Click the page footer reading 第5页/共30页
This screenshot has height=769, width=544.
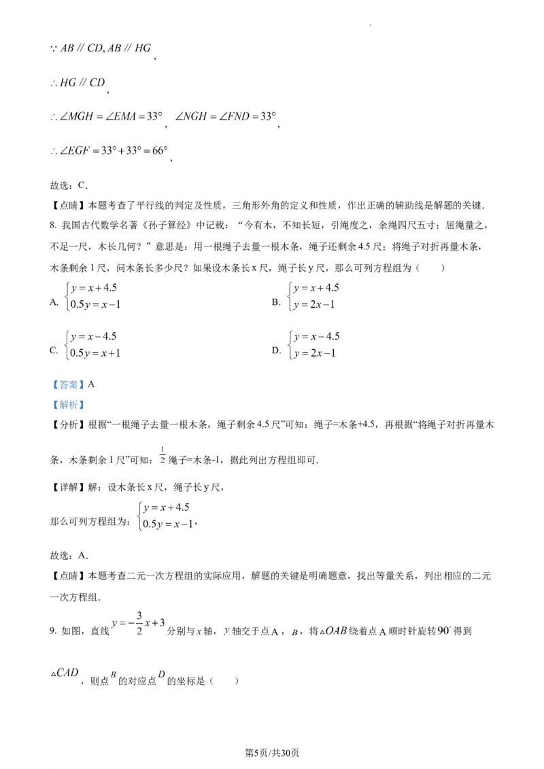[271, 753]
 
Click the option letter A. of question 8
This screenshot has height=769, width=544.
[54, 302]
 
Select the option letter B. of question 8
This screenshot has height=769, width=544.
[276, 302]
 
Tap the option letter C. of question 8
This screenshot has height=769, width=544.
[54, 350]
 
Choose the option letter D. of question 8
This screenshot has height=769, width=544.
[276, 350]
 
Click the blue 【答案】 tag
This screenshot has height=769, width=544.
[69, 385]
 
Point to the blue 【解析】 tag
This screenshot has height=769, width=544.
[69, 405]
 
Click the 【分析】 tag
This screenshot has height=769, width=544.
[69, 425]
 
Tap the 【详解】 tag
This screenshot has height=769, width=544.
[69, 487]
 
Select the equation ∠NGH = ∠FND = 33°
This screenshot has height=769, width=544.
[225, 116]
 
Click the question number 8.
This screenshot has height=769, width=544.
[53, 225]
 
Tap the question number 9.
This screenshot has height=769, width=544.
[53, 630]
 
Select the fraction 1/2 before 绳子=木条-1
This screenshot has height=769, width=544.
[163, 454]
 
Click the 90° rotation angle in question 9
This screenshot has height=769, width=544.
[443, 630]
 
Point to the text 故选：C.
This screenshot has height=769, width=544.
[69, 185]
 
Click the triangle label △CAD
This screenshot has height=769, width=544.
[65, 673]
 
